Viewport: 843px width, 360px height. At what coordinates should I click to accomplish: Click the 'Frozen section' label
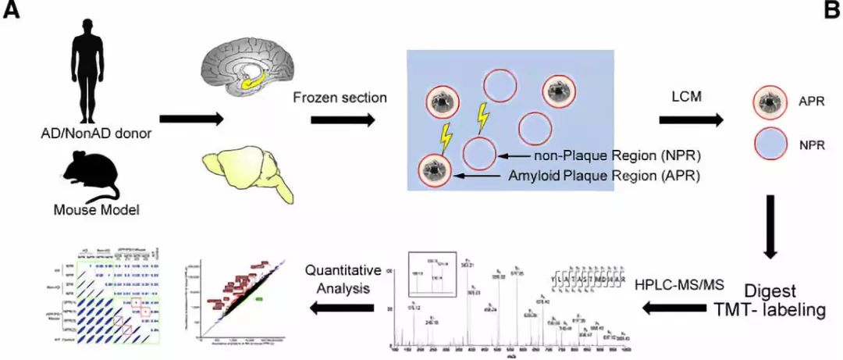[x=340, y=98]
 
